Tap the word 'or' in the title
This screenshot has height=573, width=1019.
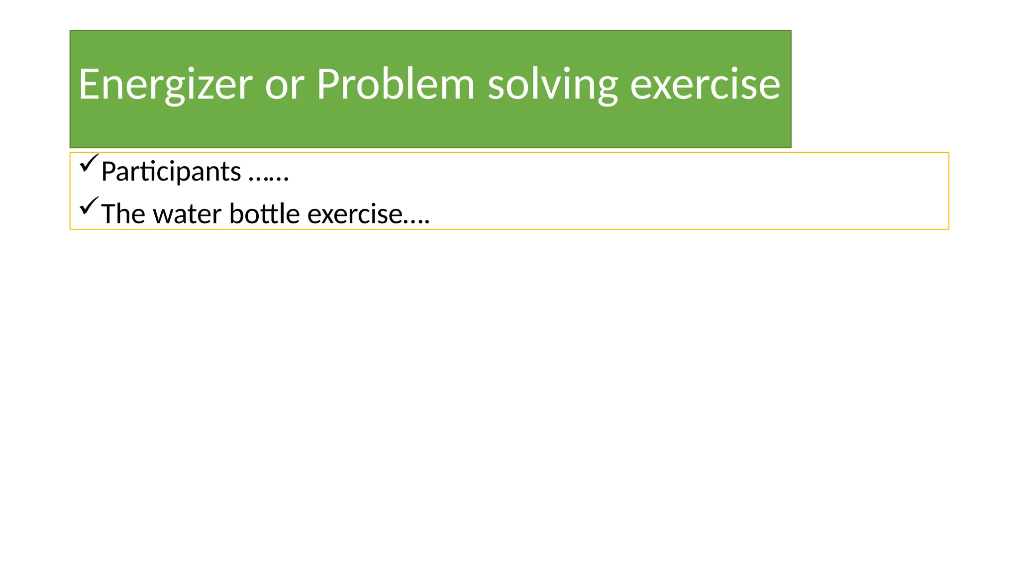click(x=284, y=85)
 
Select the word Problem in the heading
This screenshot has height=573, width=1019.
click(x=396, y=85)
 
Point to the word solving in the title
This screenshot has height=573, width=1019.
click(x=552, y=85)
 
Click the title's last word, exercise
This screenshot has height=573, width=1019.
click(x=705, y=85)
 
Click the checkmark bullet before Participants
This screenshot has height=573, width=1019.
click(x=89, y=163)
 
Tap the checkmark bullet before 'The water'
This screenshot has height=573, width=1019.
click(x=89, y=206)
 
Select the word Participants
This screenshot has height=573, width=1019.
click(x=171, y=172)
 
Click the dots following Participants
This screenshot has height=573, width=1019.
click(x=269, y=178)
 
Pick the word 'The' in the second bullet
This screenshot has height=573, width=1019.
click(x=123, y=214)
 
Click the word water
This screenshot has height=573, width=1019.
click(x=187, y=214)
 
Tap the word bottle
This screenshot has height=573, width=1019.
click(x=264, y=214)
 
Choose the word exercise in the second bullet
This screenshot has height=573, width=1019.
click(x=354, y=214)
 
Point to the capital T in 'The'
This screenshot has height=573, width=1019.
click(x=109, y=214)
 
